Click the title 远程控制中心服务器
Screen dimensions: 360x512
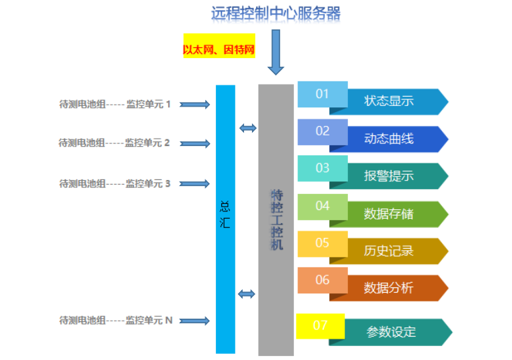coord(275,13)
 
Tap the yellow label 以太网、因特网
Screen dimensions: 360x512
coord(219,49)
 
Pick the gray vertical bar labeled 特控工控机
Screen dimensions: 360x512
coord(276,220)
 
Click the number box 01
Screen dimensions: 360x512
coord(323,94)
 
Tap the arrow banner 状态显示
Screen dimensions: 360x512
coord(396,101)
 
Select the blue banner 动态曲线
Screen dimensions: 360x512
coord(396,139)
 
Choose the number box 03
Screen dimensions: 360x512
coord(323,168)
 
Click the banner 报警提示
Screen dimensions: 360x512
coord(396,176)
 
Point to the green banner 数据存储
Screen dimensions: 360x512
coord(396,213)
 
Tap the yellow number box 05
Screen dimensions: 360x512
coord(323,243)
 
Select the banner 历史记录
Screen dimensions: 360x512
coord(396,251)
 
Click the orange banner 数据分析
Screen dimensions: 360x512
coord(396,288)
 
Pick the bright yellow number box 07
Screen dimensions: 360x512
coord(320,325)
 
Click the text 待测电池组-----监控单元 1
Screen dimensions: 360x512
coord(115,104)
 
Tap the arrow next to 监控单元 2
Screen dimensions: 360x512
coord(195,143)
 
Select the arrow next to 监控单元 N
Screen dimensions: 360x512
coord(195,321)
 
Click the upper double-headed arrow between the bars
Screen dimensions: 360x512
coord(247,128)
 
